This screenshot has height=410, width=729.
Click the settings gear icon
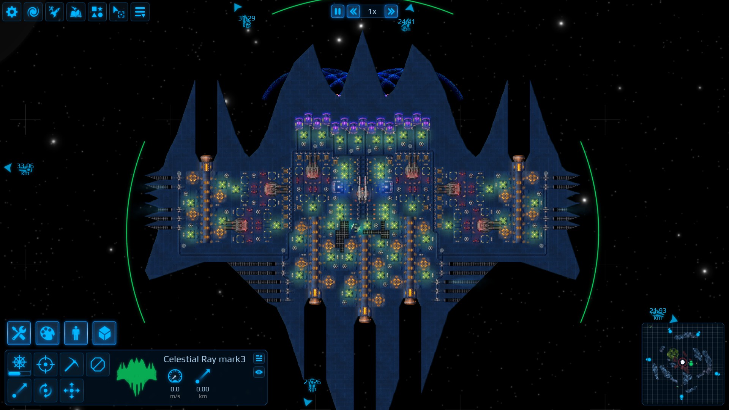click(12, 12)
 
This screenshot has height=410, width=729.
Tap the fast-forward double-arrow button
click(391, 11)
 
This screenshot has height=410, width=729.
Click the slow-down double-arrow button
click(353, 11)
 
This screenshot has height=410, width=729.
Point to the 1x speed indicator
click(372, 11)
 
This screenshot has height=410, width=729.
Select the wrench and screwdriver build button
click(19, 333)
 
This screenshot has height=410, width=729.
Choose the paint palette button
click(47, 333)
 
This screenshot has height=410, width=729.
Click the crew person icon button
click(76, 333)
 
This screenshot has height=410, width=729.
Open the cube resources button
click(104, 333)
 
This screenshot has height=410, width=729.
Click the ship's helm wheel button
click(19, 363)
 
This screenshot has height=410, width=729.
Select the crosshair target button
click(46, 364)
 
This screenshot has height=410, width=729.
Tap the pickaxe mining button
click(71, 364)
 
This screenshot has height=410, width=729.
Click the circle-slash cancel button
click(98, 364)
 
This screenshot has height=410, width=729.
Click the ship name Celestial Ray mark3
click(204, 359)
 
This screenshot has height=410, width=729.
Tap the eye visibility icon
click(259, 372)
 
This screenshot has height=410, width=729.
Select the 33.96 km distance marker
click(25, 169)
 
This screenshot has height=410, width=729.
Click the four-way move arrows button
click(71, 390)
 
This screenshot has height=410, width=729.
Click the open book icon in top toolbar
click(76, 12)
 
